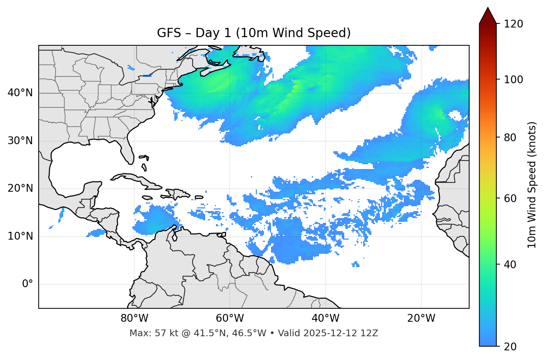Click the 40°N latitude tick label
pyautogui.click(x=20, y=93)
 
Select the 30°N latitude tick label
pyautogui.click(x=20, y=141)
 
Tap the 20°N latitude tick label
pyautogui.click(x=20, y=189)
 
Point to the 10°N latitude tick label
pyautogui.click(x=20, y=236)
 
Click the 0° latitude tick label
pyautogui.click(x=27, y=284)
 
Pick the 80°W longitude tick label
pyautogui.click(x=134, y=318)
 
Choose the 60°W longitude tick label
pyautogui.click(x=230, y=318)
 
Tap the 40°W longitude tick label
pyautogui.click(x=325, y=318)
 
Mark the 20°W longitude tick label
pyautogui.click(x=421, y=318)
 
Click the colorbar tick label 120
pyautogui.click(x=513, y=24)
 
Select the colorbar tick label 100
pyautogui.click(x=513, y=80)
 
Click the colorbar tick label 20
pyautogui.click(x=510, y=347)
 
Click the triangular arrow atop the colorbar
pyautogui.click(x=488, y=16)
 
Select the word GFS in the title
pyautogui.click(x=169, y=33)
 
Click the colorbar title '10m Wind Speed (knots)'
pyautogui.click(x=532, y=185)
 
